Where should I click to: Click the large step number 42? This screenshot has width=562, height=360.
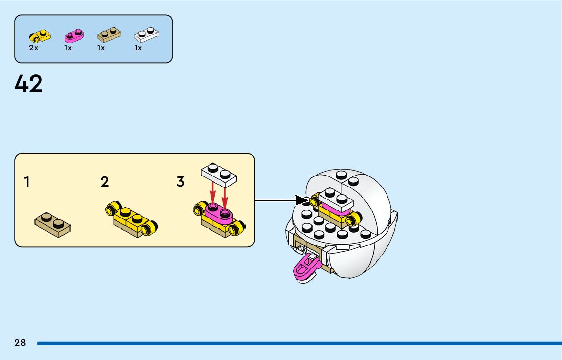(x=29, y=84)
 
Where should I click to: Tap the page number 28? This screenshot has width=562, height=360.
(x=20, y=343)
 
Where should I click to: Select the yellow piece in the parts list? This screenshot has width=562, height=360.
(x=40, y=36)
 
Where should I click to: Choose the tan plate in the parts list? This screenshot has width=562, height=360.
(x=109, y=35)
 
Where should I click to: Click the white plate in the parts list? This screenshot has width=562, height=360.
(x=146, y=35)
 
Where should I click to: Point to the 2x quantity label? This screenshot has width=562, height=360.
(x=34, y=48)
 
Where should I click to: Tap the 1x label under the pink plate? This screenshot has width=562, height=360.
(x=68, y=48)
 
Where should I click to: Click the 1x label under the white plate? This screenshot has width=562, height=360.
(x=138, y=48)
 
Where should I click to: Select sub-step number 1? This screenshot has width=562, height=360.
(x=27, y=182)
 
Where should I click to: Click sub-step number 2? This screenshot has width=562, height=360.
(x=105, y=182)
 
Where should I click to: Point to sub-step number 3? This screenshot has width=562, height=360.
(x=180, y=182)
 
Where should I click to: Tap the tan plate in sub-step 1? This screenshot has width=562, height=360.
(x=52, y=225)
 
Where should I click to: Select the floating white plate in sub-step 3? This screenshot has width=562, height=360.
(x=220, y=174)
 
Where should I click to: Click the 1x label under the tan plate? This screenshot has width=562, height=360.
(x=101, y=48)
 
